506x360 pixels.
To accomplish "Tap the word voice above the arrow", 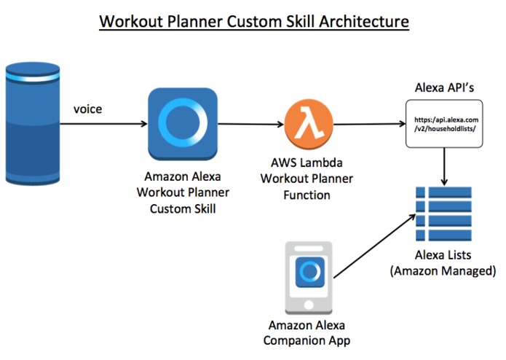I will coord(87,109).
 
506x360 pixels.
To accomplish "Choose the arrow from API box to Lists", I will coord(443,168).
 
